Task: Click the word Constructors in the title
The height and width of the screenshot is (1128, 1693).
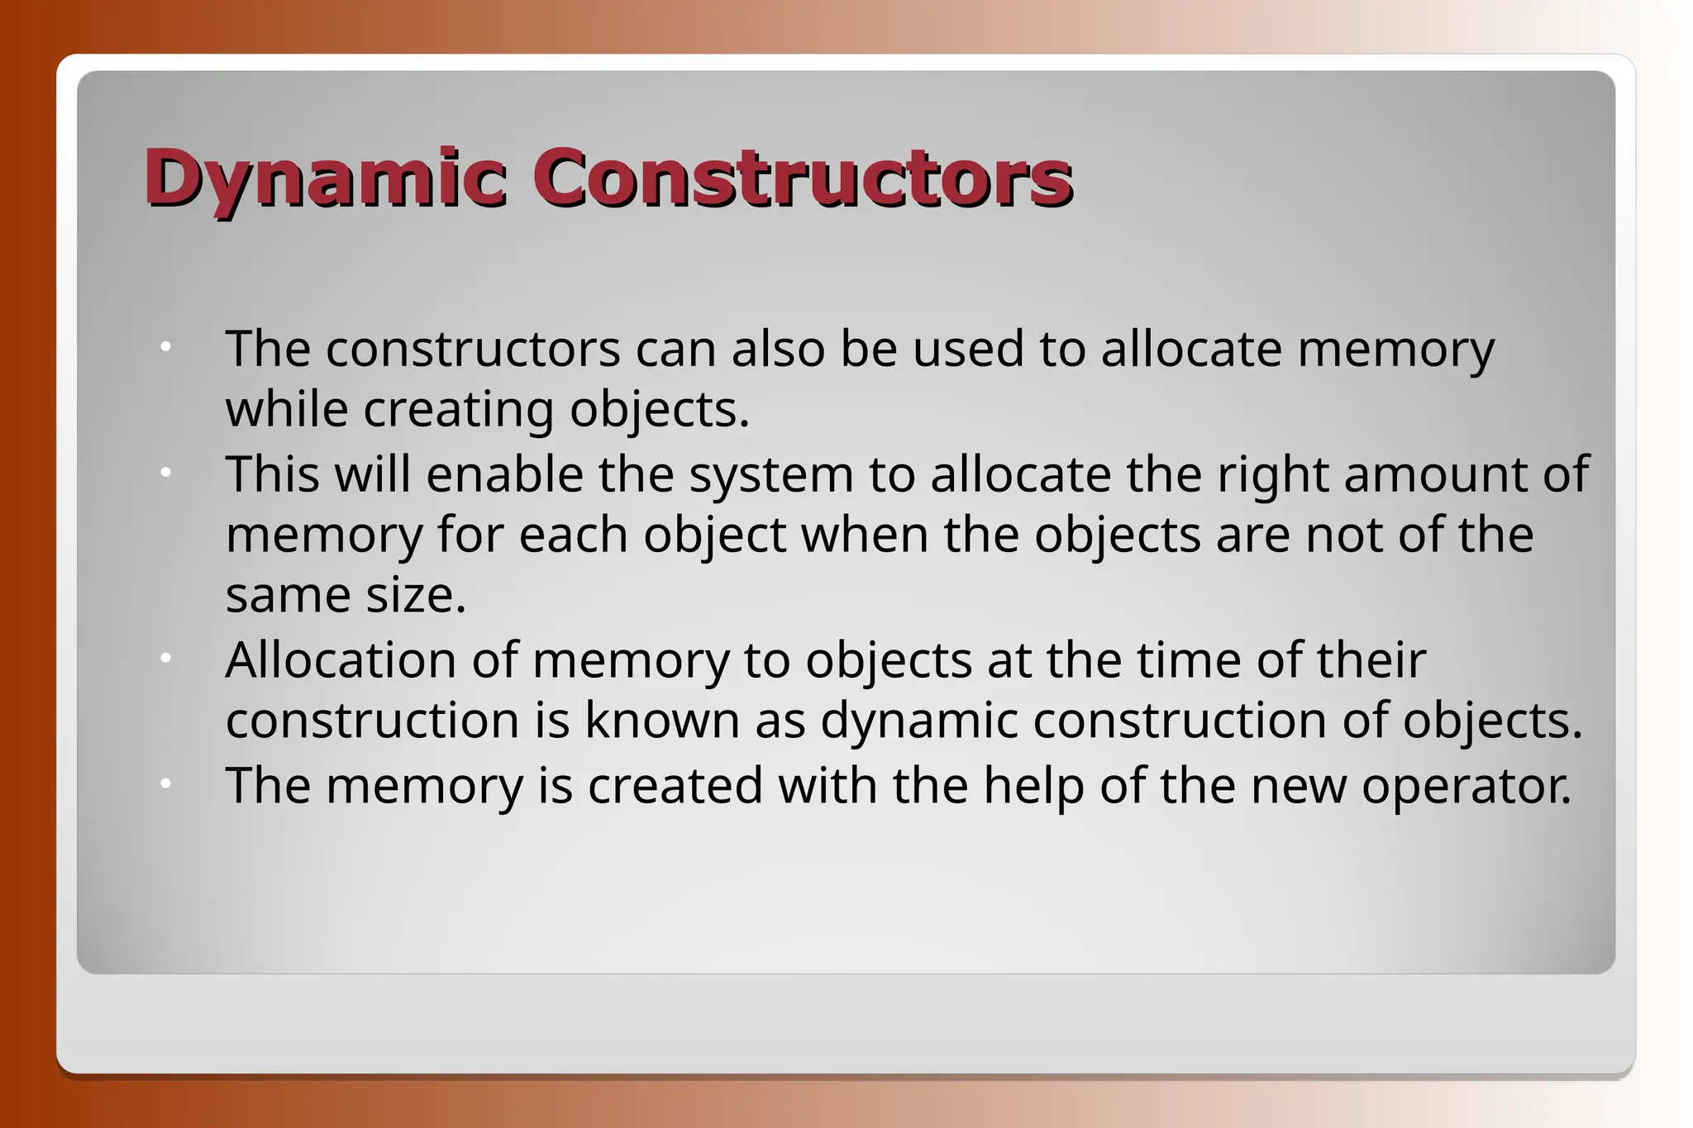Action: [x=802, y=178]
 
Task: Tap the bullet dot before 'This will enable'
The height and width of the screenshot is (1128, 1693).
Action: [x=165, y=474]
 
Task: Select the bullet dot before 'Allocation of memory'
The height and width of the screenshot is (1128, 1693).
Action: [x=165, y=659]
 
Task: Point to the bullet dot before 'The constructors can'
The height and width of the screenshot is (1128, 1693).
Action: [x=165, y=348]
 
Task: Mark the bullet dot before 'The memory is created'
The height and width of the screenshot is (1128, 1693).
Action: [x=165, y=783]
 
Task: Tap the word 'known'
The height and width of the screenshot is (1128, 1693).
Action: [x=662, y=721]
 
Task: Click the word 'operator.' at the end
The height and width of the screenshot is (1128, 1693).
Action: [x=1466, y=787]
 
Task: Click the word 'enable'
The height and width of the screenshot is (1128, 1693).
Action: [x=504, y=475]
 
